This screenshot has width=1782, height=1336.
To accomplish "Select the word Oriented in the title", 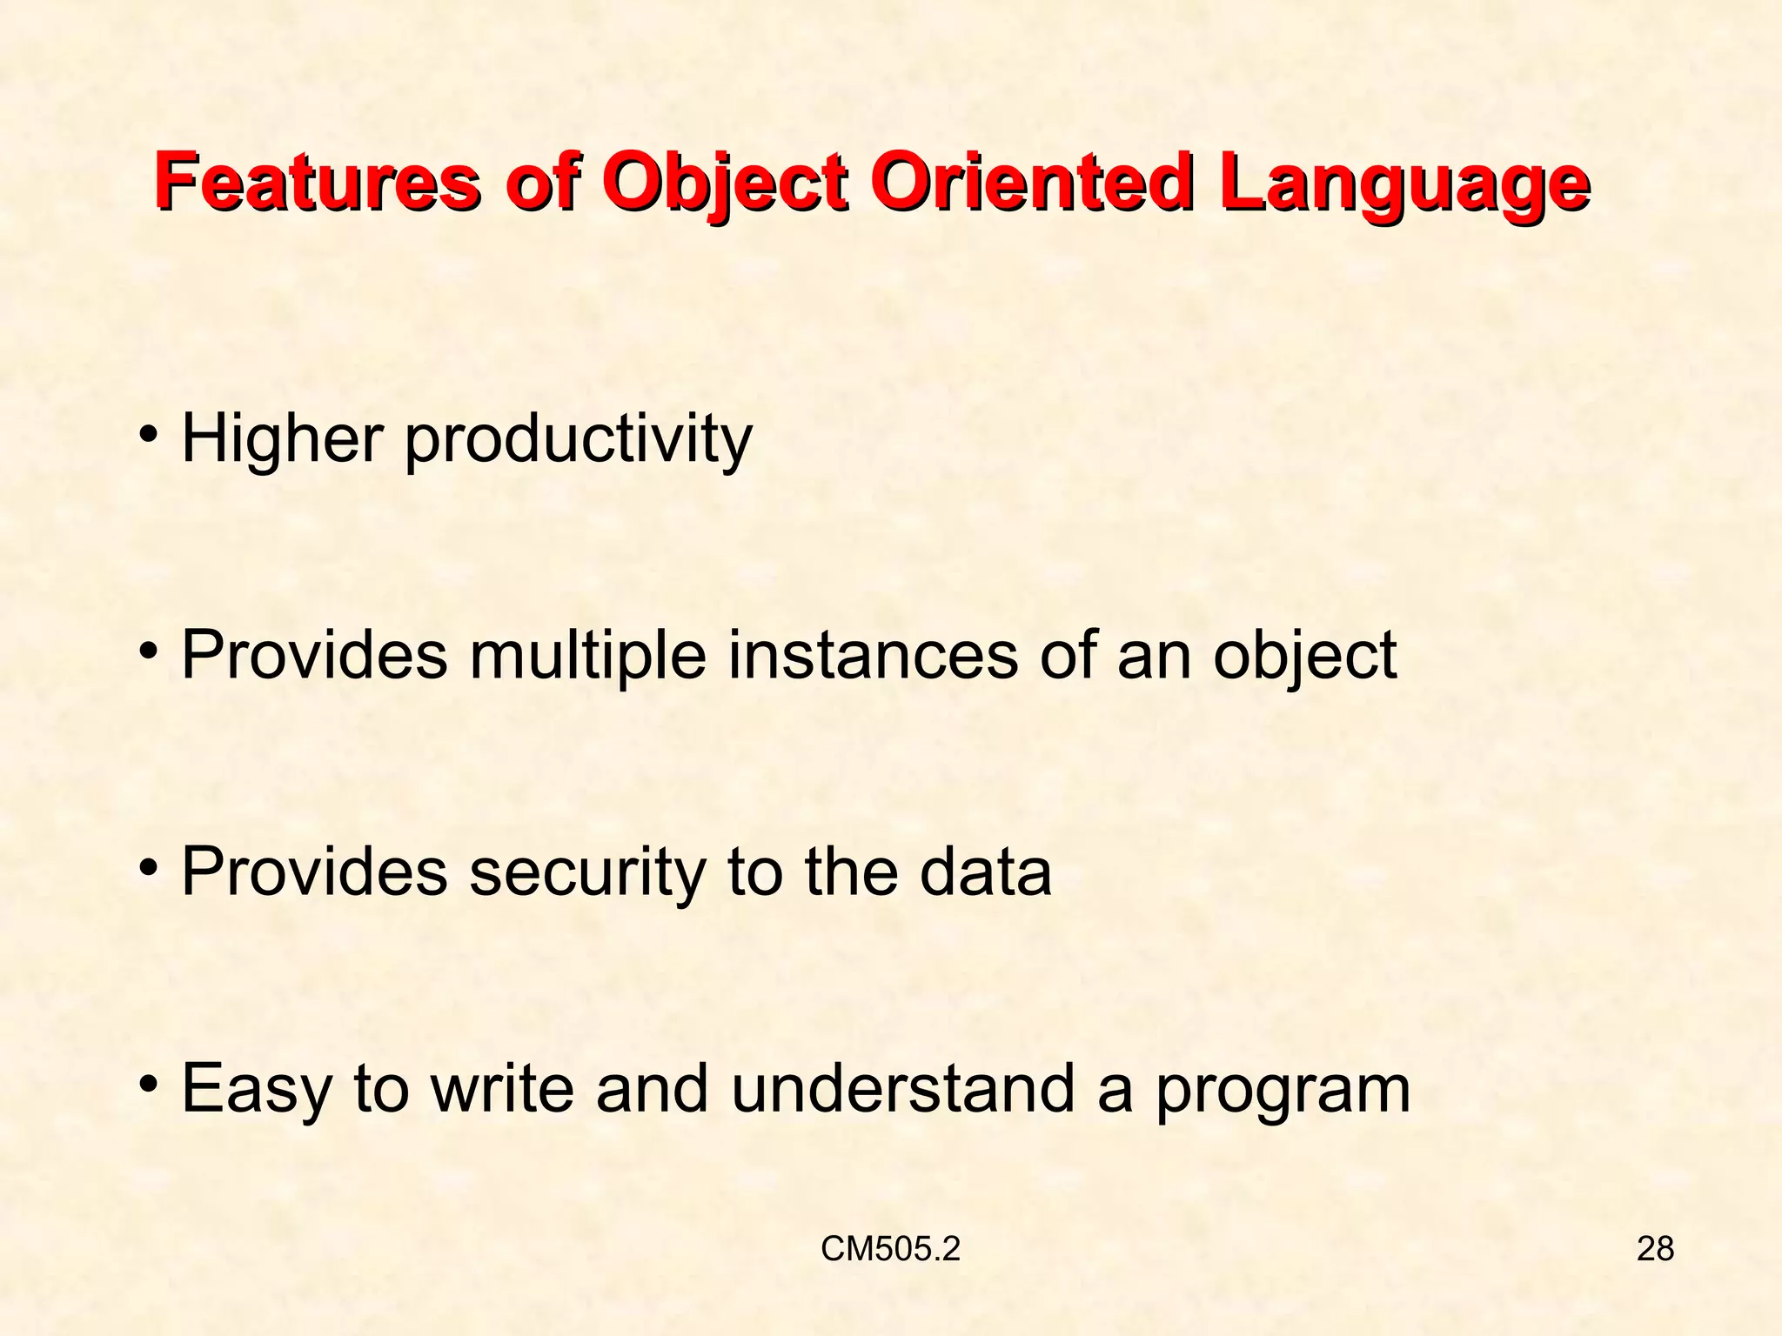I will (1028, 184).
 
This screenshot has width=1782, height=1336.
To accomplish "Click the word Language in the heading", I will (1403, 184).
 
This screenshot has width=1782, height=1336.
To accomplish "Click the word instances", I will (872, 655).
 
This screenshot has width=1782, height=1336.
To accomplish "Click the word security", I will (587, 872).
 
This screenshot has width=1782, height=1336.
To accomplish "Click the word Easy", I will (257, 1090).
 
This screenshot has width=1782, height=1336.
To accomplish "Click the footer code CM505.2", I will (890, 1249).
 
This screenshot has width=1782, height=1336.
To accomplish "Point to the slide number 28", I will (1655, 1249).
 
